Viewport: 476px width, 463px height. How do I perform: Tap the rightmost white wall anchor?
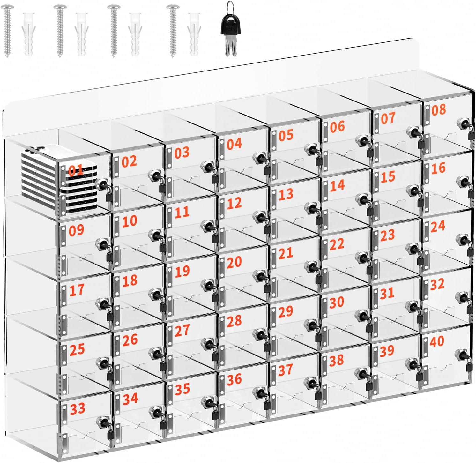point(194,34)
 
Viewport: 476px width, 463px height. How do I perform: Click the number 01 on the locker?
point(76,170)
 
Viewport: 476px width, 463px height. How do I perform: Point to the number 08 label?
point(439,110)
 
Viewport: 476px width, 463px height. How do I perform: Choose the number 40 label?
point(437,341)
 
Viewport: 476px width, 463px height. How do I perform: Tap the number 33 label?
point(78,408)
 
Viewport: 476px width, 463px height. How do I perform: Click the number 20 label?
point(234,262)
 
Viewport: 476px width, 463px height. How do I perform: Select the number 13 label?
point(286,194)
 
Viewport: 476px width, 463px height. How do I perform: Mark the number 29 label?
point(286,311)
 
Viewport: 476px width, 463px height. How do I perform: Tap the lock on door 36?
point(261,393)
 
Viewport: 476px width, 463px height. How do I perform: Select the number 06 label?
point(337,127)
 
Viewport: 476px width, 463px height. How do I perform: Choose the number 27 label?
point(182,330)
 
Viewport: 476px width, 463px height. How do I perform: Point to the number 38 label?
point(337,360)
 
